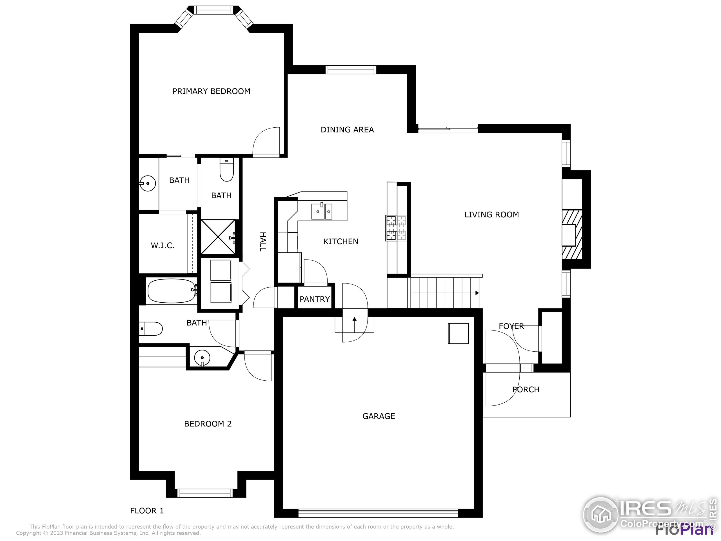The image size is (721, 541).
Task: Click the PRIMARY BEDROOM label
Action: pos(211,91)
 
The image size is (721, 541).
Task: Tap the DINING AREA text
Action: pos(347,130)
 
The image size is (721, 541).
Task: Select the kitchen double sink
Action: pos(322,211)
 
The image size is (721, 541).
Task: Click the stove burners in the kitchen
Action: pos(396,228)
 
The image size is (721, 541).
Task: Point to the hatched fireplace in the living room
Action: pos(572,235)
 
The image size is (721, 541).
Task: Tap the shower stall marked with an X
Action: pos(218,237)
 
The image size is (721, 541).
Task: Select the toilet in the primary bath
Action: pos(226,170)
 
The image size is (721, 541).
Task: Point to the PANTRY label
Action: pos(315,299)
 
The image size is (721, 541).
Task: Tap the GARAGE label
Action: pos(379,416)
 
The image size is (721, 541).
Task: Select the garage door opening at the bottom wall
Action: pos(378,513)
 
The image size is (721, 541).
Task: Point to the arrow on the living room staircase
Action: pos(477,293)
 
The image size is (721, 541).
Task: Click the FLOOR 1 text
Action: pos(147,511)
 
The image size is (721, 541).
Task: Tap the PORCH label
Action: pos(526,389)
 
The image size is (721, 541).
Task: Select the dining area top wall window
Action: pos(351,70)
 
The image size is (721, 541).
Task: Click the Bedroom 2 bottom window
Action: pos(205,493)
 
